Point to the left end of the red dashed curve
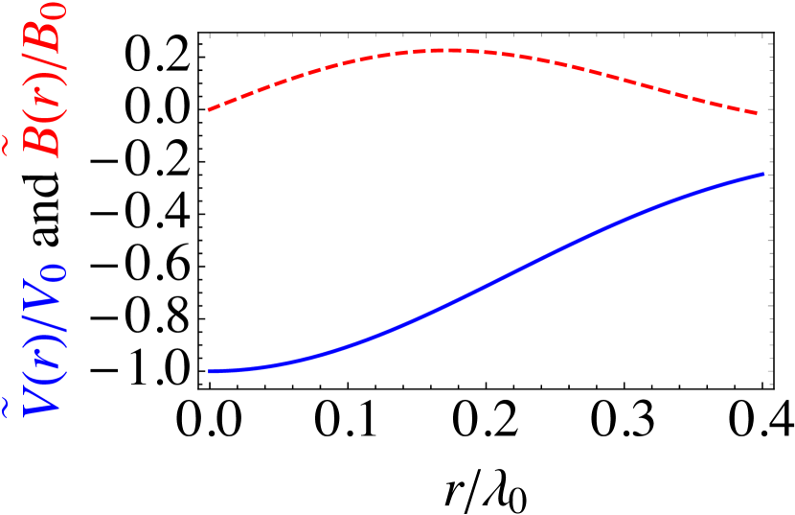point(210,110)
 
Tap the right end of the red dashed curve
point(758,113)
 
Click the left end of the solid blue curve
point(210,370)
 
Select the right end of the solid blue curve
point(763,174)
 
